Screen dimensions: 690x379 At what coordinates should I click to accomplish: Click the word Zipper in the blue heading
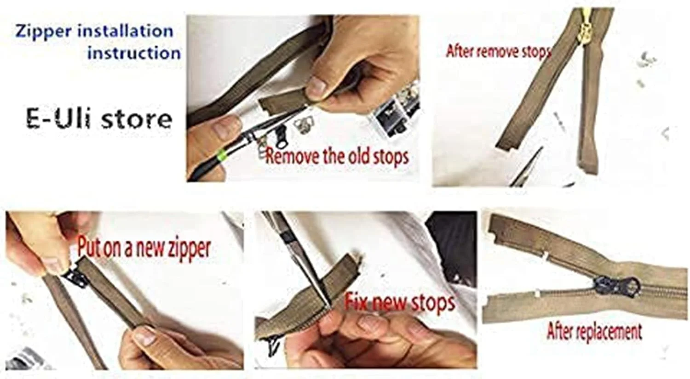point(43,32)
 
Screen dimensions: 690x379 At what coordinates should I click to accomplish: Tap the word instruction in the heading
point(134,53)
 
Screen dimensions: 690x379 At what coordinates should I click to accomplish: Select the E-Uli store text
point(99,119)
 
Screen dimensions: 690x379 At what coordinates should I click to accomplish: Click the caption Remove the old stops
point(337,156)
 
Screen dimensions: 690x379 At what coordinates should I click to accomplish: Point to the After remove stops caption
point(498,51)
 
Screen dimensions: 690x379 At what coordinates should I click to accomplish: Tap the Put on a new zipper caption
point(144,248)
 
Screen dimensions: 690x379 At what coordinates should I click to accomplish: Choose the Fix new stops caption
point(399,302)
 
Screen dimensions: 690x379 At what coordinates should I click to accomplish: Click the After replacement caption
point(594,331)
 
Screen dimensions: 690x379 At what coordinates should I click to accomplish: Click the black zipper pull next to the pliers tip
point(280,136)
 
